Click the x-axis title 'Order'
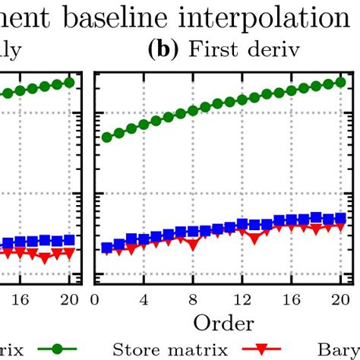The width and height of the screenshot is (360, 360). coord(223,323)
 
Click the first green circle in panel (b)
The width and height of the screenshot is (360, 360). coord(107,137)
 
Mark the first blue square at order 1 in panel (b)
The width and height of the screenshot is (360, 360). coord(107,248)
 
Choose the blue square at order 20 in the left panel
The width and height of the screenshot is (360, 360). coord(69,239)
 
